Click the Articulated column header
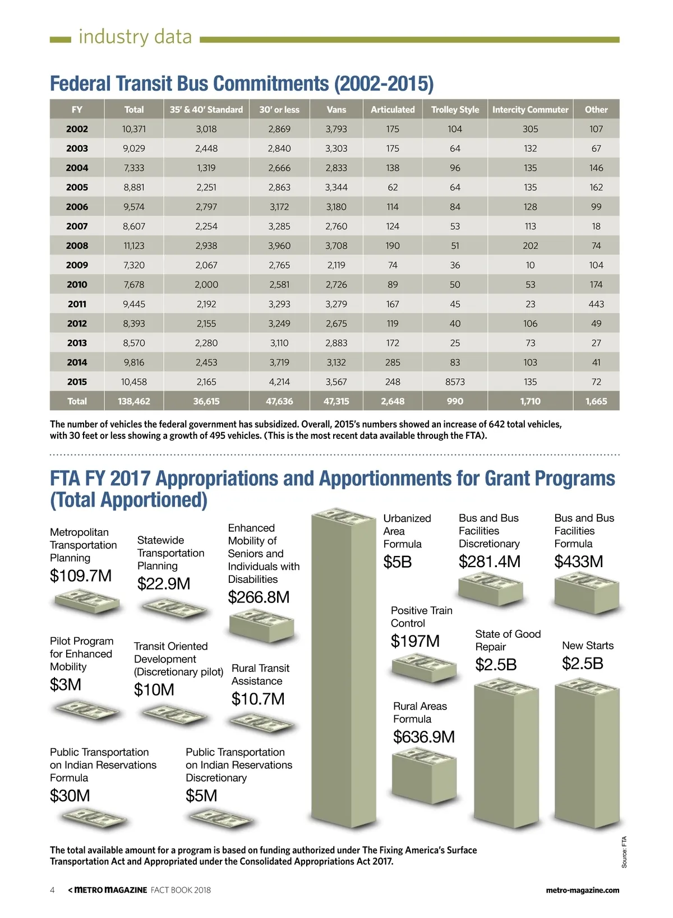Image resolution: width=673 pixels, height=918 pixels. tap(393, 110)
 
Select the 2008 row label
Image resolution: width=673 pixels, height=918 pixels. tap(77, 245)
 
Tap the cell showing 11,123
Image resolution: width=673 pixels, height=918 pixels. tap(133, 245)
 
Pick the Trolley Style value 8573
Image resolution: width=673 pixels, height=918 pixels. tap(455, 382)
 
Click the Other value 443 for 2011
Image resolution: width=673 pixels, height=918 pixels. tap(596, 304)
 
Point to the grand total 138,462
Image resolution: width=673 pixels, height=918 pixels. tap(133, 401)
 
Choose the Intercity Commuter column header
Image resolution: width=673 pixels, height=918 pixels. tap(530, 110)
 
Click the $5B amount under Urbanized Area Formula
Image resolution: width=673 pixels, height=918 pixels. tap(398, 562)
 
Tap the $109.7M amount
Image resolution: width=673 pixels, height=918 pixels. tap(81, 576)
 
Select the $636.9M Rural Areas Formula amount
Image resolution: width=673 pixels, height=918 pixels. tap(424, 736)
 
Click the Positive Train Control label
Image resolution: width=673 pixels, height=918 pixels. tap(421, 616)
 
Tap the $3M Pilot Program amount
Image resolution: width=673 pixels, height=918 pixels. tap(66, 684)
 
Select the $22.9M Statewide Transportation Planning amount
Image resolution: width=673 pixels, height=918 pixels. tap(164, 583)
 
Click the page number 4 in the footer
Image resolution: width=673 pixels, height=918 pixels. tap(53, 890)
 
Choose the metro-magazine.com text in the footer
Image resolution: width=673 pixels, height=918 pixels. tap(582, 890)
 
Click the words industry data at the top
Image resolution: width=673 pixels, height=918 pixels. tap(135, 37)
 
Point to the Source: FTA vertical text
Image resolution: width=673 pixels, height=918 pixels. tap(624, 852)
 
